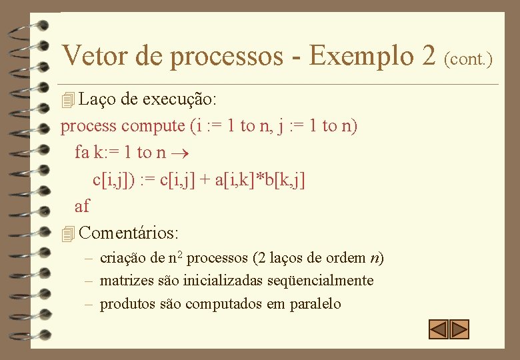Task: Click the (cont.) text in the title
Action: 468,59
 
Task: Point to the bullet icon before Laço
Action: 67,101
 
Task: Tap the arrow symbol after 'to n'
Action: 177,153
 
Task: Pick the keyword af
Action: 82,206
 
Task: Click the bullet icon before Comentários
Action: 67,234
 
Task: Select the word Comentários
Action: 128,233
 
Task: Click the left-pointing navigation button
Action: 438,329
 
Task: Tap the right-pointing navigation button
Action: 460,329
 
